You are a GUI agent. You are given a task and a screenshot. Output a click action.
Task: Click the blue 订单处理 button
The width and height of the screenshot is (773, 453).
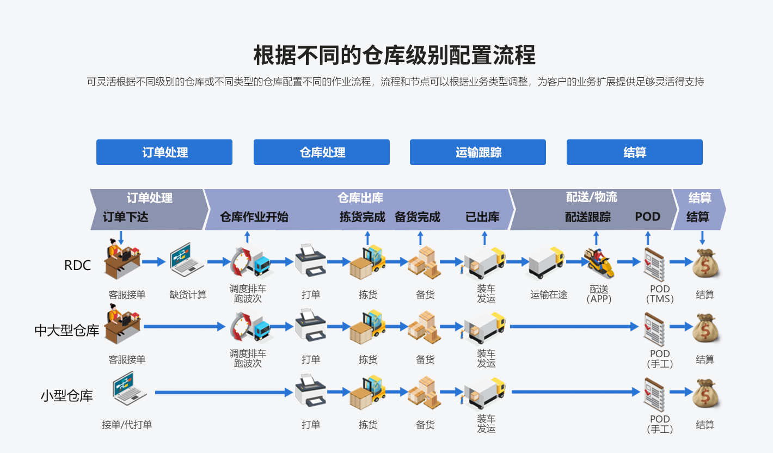pyautogui.click(x=164, y=152)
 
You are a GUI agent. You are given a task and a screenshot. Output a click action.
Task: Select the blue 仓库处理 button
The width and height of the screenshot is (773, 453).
pyautogui.click(x=322, y=152)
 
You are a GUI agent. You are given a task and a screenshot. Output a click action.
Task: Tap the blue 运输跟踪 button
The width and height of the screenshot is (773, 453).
pyautogui.click(x=478, y=152)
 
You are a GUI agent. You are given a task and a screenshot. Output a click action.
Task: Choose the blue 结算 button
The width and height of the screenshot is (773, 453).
pyautogui.click(x=635, y=152)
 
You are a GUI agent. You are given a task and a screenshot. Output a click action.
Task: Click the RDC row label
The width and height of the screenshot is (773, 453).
pyautogui.click(x=77, y=266)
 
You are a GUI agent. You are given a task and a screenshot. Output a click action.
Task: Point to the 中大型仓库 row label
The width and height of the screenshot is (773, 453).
pyautogui.click(x=66, y=330)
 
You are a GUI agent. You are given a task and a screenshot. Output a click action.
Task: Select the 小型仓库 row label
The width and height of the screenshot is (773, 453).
pyautogui.click(x=66, y=396)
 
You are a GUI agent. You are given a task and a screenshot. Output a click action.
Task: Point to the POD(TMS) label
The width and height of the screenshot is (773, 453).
pyautogui.click(x=660, y=294)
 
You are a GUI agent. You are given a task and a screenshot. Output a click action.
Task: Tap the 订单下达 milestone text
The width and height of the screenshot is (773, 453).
pyautogui.click(x=126, y=217)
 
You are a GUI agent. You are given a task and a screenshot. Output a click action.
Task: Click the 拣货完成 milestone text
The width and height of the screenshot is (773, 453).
pyautogui.click(x=363, y=217)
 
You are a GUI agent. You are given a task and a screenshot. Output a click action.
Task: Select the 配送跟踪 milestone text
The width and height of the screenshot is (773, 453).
pyautogui.click(x=588, y=217)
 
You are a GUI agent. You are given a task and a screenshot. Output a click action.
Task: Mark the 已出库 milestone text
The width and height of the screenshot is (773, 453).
pyautogui.click(x=482, y=217)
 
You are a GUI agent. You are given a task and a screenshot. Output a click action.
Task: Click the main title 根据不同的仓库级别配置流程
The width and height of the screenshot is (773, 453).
pyautogui.click(x=395, y=56)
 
